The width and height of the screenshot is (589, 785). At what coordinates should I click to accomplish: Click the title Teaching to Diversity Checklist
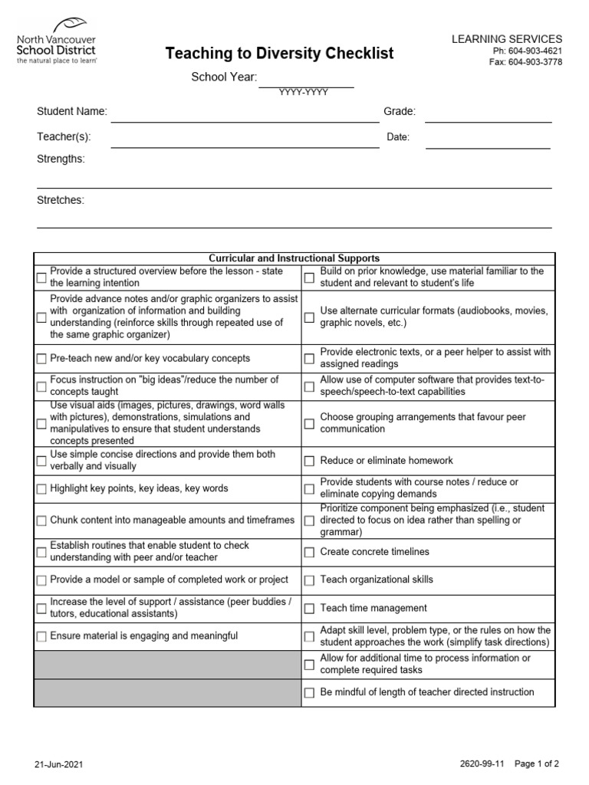point(280,53)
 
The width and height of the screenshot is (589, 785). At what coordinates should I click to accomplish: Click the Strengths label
point(61,159)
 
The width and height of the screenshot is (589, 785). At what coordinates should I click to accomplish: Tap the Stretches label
point(61,200)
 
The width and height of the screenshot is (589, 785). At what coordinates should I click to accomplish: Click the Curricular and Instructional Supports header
point(294,258)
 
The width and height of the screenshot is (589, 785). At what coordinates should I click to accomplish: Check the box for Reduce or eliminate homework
point(309,461)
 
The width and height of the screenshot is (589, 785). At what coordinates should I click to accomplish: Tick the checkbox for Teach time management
point(309,609)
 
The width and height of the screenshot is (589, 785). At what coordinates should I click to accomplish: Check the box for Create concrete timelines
point(309,552)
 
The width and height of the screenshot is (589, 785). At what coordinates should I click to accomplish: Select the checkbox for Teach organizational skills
point(309,580)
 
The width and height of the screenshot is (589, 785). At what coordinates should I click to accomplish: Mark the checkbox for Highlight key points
point(41,489)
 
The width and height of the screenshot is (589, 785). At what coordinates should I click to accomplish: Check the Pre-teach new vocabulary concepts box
point(41,359)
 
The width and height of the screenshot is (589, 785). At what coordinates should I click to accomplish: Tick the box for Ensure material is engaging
point(41,636)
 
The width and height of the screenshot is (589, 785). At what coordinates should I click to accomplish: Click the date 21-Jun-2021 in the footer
point(58,764)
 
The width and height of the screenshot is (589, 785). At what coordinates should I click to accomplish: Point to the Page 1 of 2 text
point(536,764)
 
